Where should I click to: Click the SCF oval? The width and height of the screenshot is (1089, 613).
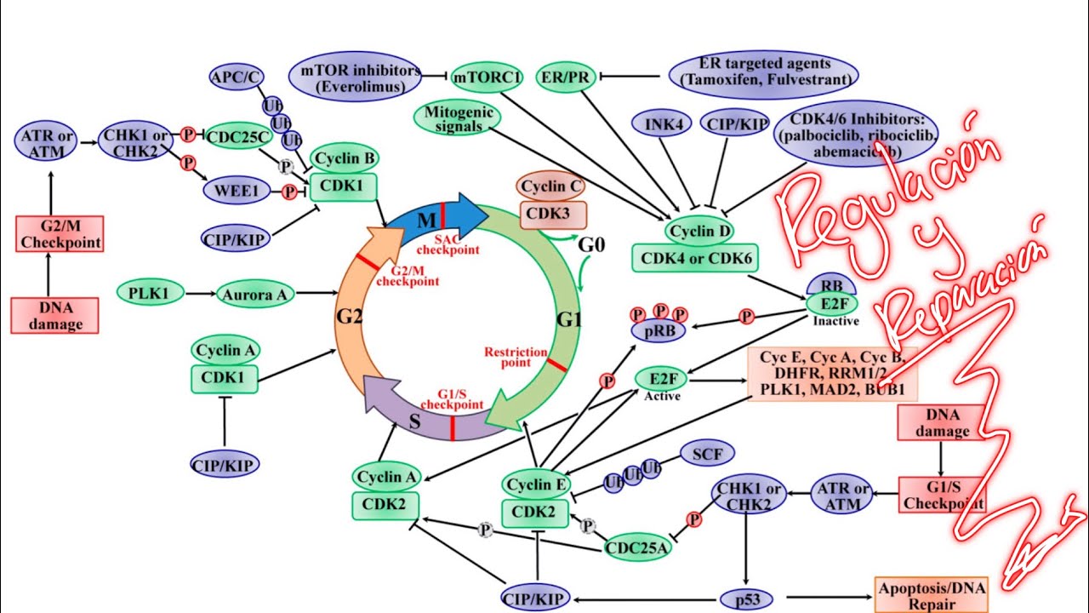pyautogui.click(x=707, y=455)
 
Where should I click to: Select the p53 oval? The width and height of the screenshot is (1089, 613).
pyautogui.click(x=747, y=599)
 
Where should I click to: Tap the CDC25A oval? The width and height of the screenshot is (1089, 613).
pyautogui.click(x=637, y=547)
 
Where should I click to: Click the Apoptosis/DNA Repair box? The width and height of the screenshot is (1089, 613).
pyautogui.click(x=932, y=594)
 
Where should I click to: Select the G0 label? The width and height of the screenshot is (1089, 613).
pyautogui.click(x=592, y=245)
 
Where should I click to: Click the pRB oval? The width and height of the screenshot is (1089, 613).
pyautogui.click(x=658, y=329)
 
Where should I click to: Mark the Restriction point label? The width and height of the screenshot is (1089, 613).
pyautogui.click(x=516, y=357)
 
